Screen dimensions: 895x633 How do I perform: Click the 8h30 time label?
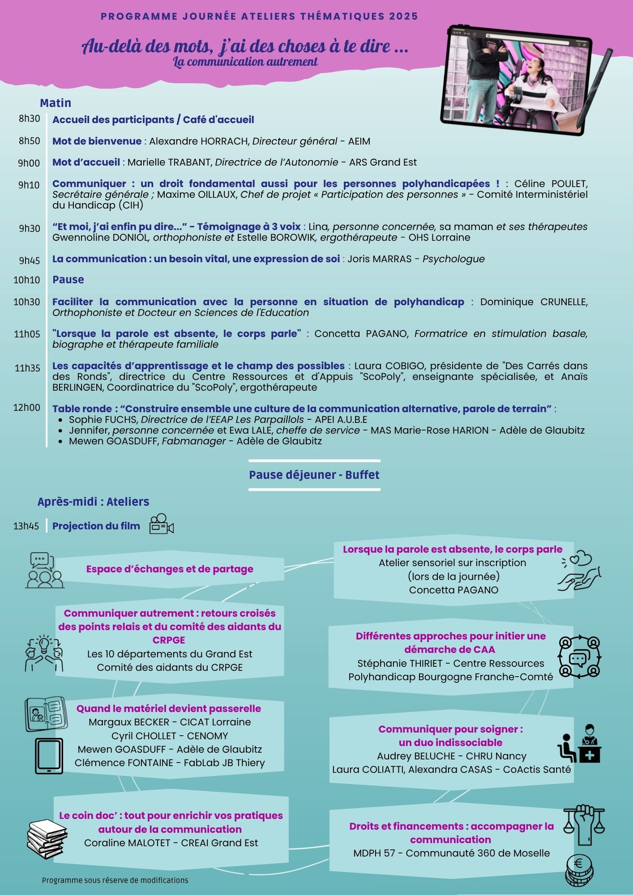pyautogui.click(x=29, y=119)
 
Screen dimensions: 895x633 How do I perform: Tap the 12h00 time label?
pyautogui.click(x=27, y=408)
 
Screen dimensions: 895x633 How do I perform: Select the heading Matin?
pyautogui.click(x=56, y=103)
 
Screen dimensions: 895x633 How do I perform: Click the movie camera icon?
pyautogui.click(x=161, y=524)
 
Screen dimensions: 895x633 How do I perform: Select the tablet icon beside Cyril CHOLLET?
pyautogui.click(x=49, y=756)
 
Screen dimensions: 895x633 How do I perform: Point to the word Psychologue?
pyautogui.click(x=453, y=259)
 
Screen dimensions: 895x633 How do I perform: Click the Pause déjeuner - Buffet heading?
pyautogui.click(x=314, y=475)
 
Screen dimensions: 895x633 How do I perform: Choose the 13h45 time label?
pyautogui.click(x=26, y=526)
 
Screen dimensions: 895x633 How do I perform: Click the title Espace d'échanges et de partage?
pyautogui.click(x=170, y=569)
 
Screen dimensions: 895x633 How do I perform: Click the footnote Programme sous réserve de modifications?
pyautogui.click(x=115, y=880)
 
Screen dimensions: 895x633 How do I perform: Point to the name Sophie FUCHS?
pyautogui.click(x=103, y=419)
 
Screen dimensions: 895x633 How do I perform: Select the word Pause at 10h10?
pyautogui.click(x=68, y=280)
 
